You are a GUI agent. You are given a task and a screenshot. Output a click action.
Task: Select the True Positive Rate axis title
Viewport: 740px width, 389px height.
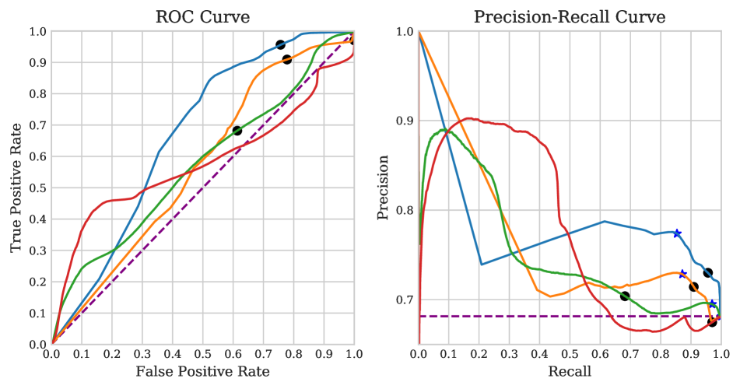pyautogui.click(x=16, y=187)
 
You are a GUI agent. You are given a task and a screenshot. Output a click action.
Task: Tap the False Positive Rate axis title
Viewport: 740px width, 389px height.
pyautogui.click(x=202, y=372)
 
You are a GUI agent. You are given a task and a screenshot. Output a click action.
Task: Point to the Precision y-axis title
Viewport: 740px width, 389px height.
pyautogui.click(x=383, y=187)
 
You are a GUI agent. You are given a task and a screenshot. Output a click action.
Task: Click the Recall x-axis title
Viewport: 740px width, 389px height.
pyautogui.click(x=570, y=372)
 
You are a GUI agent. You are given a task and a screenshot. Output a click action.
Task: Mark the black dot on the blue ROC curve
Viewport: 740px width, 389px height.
pyautogui.click(x=280, y=44)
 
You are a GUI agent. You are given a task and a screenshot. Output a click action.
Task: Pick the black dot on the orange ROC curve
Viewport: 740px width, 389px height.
pyautogui.click(x=286, y=59)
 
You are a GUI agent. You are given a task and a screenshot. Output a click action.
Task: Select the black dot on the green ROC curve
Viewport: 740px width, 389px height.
pyautogui.click(x=237, y=131)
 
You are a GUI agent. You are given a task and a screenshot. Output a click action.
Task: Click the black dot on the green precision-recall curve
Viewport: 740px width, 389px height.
pyautogui.click(x=625, y=296)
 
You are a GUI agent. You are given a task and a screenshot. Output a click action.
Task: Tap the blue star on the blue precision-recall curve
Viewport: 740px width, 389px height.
pyautogui.click(x=677, y=233)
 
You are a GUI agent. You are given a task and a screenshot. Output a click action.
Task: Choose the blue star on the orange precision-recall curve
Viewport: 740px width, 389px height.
pyautogui.click(x=682, y=274)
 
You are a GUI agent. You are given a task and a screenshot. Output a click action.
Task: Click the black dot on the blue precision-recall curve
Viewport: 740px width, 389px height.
pyautogui.click(x=708, y=272)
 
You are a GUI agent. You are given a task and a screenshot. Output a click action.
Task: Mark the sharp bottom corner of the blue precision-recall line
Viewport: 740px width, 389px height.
pyautogui.click(x=482, y=265)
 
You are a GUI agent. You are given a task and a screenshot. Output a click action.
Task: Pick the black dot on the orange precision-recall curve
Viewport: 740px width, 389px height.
pyautogui.click(x=693, y=287)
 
